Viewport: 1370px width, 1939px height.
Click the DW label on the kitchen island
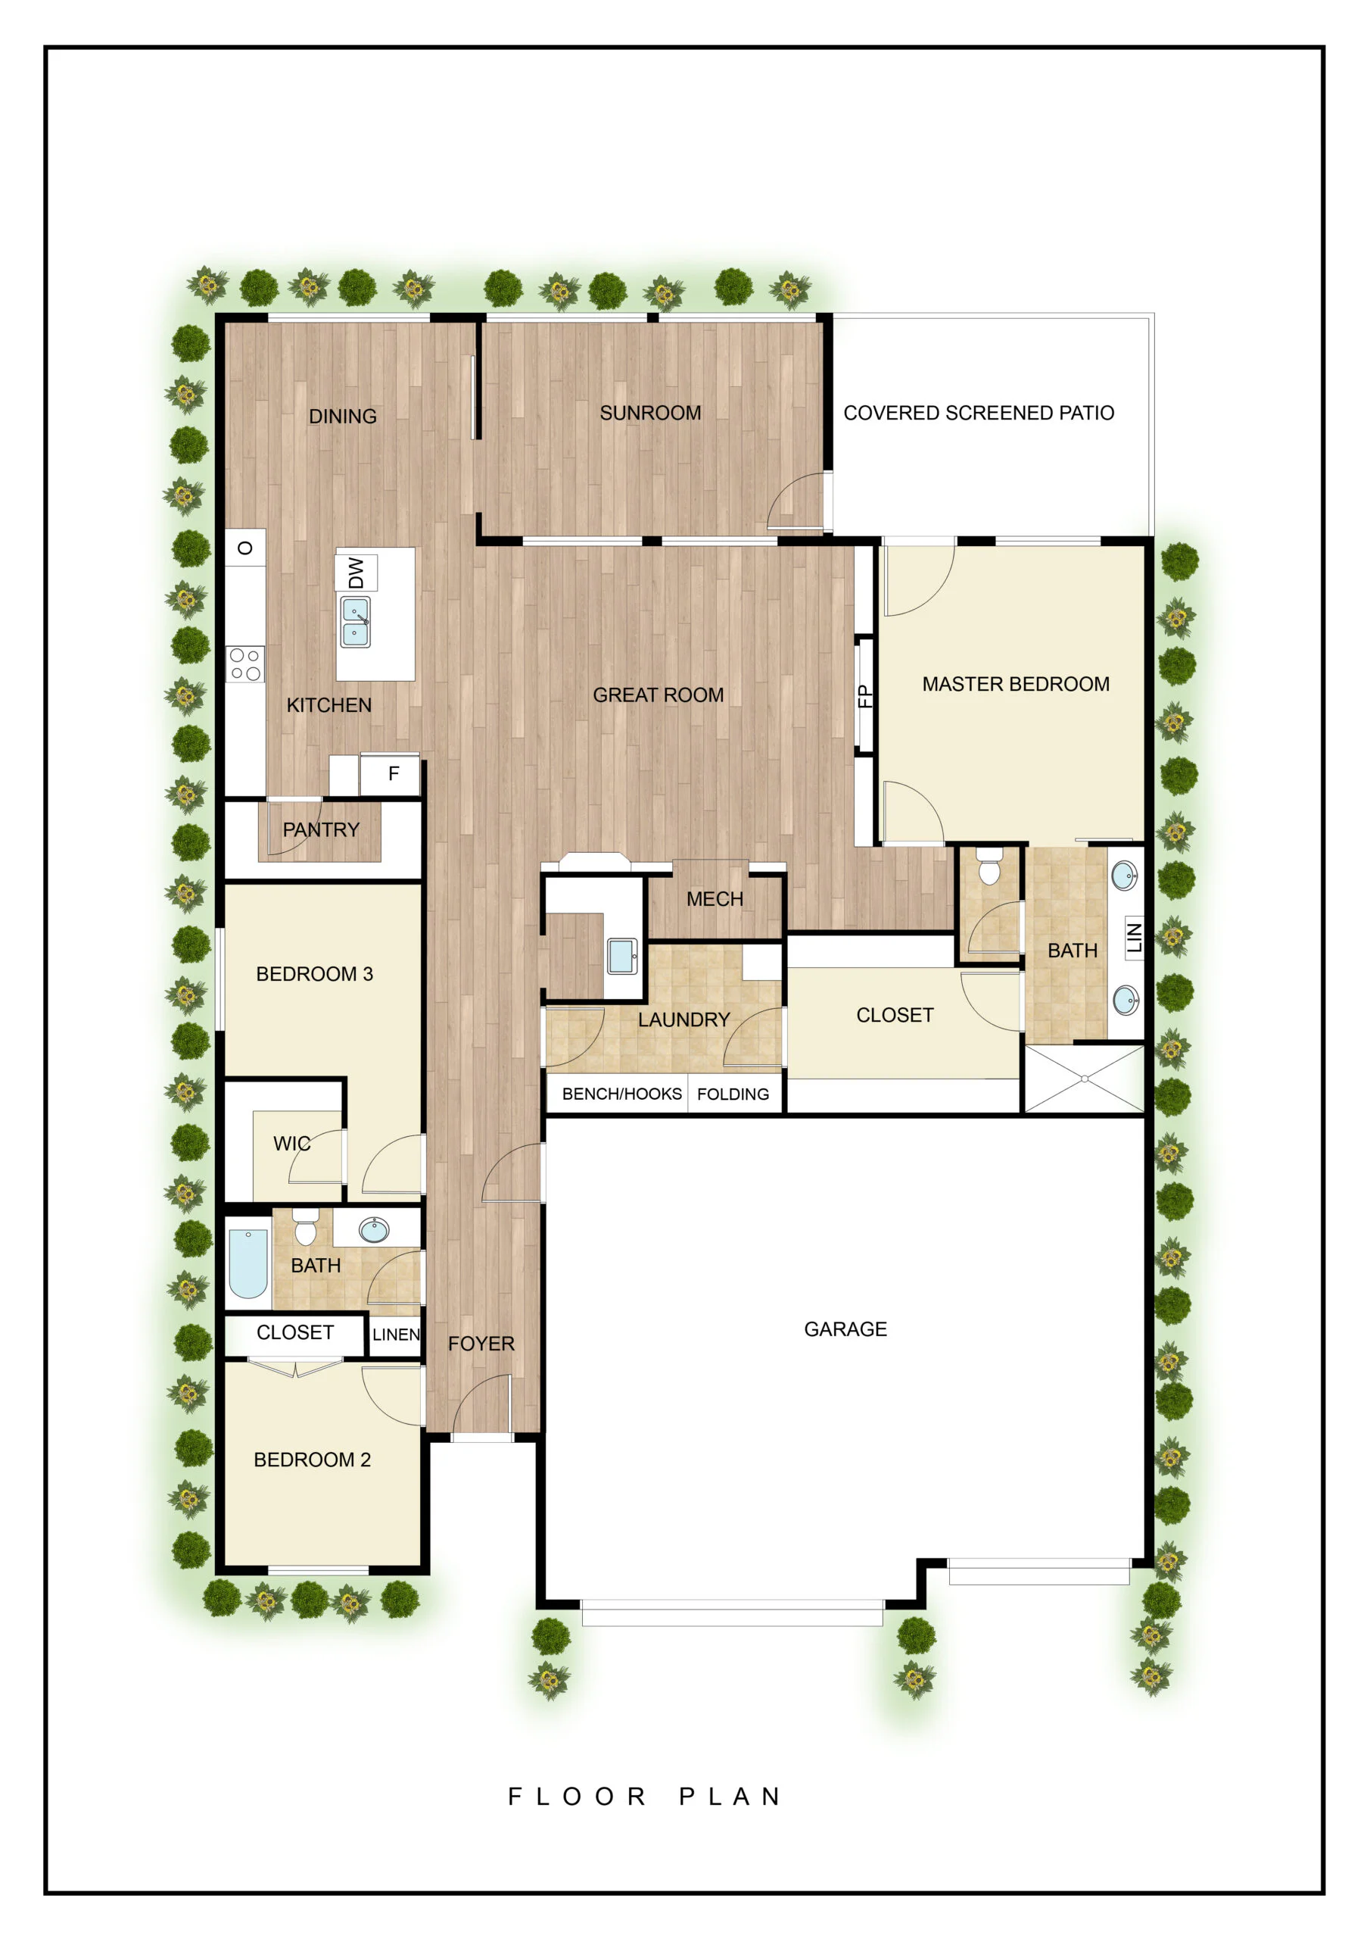[356, 573]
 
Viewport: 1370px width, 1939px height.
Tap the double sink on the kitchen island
[354, 622]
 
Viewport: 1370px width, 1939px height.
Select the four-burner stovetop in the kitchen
[244, 664]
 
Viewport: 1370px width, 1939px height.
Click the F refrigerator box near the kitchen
[393, 773]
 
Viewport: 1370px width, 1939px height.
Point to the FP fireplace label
[864, 696]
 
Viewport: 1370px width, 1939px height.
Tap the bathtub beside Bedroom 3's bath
[248, 1263]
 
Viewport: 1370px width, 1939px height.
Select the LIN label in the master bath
[1134, 938]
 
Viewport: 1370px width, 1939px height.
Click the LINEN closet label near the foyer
[396, 1335]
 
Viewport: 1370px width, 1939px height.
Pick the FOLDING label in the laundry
[733, 1094]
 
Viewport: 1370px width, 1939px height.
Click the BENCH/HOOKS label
[621, 1094]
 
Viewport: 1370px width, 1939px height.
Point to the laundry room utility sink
[622, 956]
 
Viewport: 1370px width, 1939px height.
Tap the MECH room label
[714, 898]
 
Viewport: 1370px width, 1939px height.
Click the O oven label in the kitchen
[244, 548]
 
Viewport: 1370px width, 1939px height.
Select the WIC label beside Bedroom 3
[291, 1143]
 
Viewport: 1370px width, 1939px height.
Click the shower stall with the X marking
[1084, 1079]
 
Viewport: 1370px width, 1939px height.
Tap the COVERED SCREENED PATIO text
[979, 413]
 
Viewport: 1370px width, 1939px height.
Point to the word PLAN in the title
[730, 1797]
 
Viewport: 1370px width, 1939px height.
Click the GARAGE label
[845, 1329]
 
